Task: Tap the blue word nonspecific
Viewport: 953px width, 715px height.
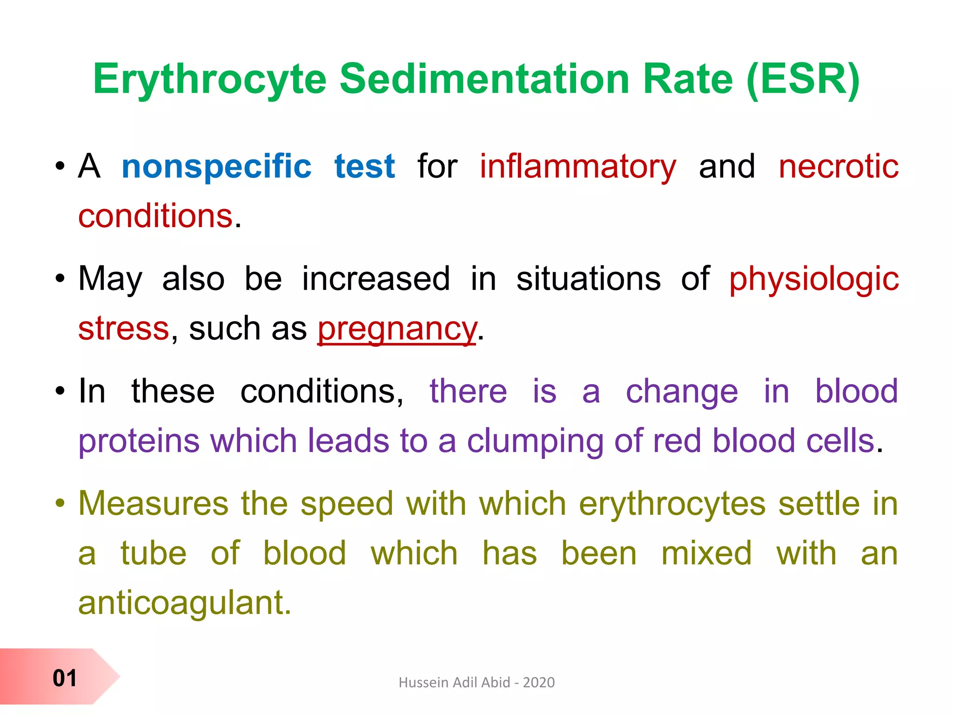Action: [x=216, y=166]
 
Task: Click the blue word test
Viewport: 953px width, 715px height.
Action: [x=365, y=166]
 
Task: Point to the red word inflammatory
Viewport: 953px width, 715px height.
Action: [x=578, y=167]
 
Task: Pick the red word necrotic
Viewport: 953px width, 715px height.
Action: [x=839, y=166]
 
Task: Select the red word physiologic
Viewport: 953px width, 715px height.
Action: [x=814, y=279]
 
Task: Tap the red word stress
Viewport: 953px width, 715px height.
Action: [x=123, y=329]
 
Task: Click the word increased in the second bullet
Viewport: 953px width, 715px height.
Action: [x=376, y=279]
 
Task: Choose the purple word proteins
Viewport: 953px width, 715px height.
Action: [x=139, y=441]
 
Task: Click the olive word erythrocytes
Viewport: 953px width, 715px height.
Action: [x=672, y=504]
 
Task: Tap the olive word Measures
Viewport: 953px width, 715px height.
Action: [x=154, y=504]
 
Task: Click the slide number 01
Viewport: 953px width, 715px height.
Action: [x=64, y=678]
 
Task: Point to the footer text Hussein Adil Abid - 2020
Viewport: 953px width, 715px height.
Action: [x=476, y=682]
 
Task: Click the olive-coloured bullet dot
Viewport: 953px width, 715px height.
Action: [x=60, y=503]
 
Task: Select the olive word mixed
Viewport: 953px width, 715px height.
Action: [x=706, y=553]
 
